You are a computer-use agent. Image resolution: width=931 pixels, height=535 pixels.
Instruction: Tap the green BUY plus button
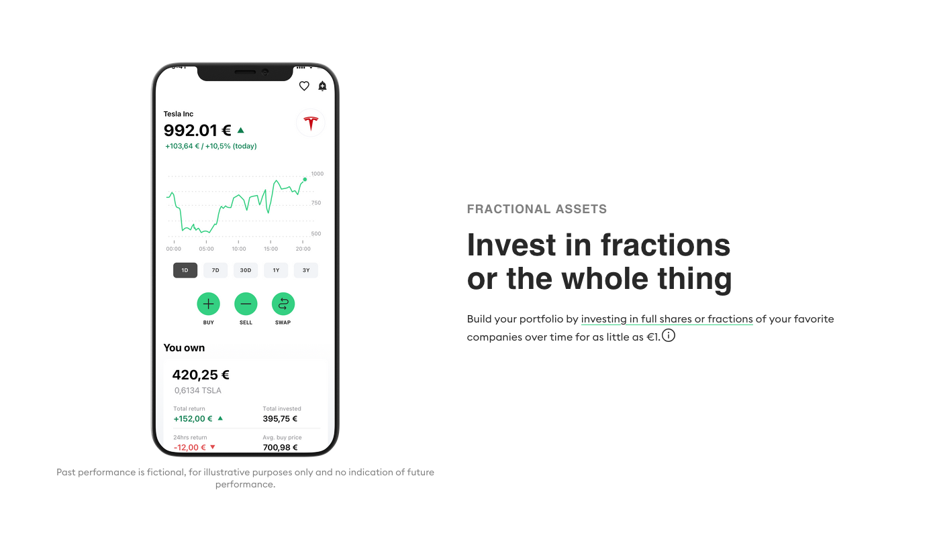208,304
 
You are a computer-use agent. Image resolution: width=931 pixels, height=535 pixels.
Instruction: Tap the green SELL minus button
246,304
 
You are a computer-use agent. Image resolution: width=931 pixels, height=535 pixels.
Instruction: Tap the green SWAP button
283,304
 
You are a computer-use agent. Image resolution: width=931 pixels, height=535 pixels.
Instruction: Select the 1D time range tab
185,270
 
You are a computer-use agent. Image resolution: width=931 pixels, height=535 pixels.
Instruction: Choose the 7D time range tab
215,270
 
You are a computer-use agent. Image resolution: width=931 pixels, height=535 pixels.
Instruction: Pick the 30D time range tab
246,270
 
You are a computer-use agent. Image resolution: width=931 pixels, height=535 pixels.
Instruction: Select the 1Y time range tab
276,270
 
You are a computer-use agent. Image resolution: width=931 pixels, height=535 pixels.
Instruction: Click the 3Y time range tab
306,270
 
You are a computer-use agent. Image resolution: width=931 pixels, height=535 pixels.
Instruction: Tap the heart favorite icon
304,86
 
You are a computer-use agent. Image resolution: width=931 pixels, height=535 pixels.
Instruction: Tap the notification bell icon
322,86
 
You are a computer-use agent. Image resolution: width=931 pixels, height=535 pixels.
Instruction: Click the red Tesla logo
311,123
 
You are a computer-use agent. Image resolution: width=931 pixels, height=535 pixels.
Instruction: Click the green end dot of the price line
305,179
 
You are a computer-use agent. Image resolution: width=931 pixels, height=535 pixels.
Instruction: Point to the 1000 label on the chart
317,174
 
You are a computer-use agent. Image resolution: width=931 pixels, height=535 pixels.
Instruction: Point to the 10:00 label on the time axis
238,249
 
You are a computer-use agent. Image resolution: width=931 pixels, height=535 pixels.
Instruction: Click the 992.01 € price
197,130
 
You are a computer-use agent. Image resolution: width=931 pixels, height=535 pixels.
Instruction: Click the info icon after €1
669,335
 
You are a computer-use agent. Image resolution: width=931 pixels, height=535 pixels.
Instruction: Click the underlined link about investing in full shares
667,319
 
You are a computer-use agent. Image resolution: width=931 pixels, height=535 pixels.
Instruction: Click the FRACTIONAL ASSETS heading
536,209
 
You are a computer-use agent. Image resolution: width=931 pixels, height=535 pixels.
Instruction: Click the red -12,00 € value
189,447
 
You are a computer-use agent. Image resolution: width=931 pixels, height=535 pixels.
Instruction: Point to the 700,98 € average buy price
280,447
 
